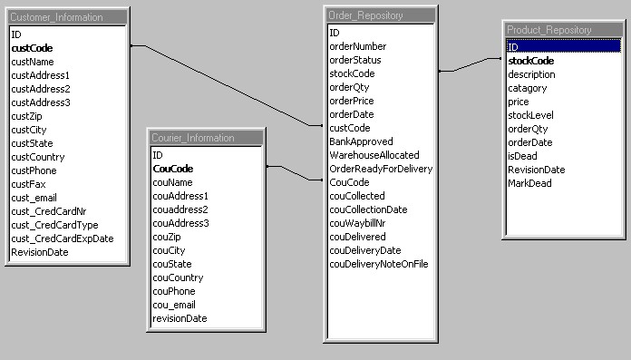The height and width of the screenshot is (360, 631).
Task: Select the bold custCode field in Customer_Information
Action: pos(32,48)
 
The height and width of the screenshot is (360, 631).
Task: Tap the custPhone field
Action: pos(34,170)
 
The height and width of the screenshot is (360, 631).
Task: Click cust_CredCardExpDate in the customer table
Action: pos(62,238)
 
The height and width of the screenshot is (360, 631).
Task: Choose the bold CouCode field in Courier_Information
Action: pos(173,169)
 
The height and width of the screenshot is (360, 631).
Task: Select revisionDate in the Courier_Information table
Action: pos(180,318)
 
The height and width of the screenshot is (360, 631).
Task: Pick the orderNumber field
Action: pos(357,46)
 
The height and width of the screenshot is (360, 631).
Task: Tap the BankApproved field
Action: pos(361,141)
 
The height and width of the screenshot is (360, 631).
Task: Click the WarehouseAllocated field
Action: pos(373,155)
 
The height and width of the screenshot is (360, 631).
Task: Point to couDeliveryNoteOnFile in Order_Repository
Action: pos(378,264)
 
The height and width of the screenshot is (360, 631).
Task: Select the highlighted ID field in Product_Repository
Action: pos(513,46)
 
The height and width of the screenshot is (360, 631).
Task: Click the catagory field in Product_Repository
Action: pos(528,88)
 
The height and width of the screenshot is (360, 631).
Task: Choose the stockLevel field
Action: pos(530,115)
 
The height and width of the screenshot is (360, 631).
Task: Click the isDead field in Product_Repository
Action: pos(522,156)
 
